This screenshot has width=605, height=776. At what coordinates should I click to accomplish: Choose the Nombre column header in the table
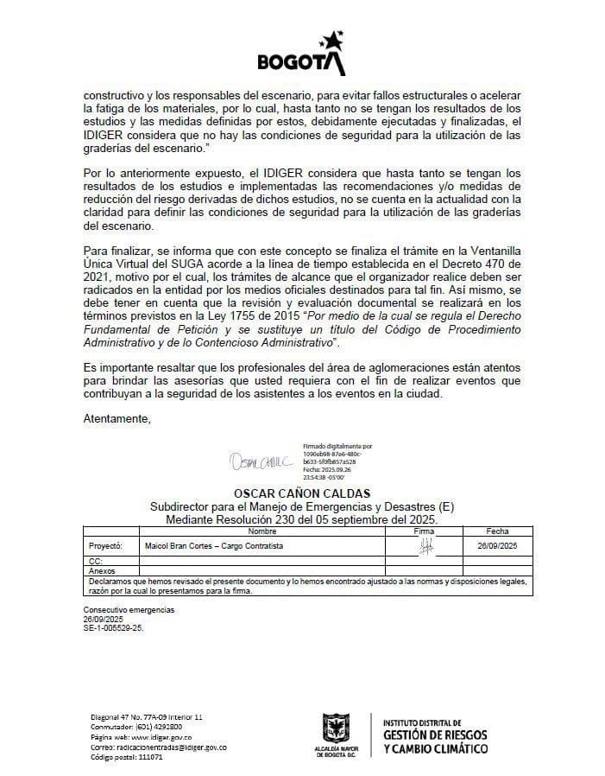pos(261,531)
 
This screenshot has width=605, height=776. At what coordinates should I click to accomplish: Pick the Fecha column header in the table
pos(497,531)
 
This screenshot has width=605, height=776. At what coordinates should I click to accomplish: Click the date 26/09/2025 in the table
pos(497,547)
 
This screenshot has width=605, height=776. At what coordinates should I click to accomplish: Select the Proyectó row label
pos(105,547)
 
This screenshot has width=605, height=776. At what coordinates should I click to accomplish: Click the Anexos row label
pos(102,570)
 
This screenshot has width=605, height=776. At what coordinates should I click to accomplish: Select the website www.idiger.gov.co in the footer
pos(142,737)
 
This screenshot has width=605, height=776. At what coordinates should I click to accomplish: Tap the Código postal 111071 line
pos(127,757)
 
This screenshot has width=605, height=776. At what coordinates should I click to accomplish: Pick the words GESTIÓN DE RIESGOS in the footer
pos(434,735)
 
